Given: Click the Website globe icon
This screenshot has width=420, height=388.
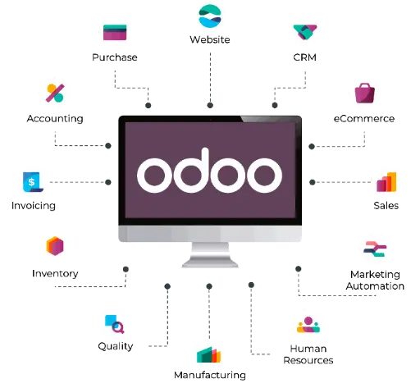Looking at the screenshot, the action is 210,16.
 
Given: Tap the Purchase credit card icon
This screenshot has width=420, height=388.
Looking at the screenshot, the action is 115,32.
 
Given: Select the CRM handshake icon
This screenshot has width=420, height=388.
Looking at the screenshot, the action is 305,32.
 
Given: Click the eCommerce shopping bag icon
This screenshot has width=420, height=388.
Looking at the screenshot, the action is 364,94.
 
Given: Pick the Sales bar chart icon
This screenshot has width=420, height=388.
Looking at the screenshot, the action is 386,182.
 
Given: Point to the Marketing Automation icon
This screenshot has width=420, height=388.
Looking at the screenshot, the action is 375,249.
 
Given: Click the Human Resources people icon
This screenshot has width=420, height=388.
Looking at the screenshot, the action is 308,325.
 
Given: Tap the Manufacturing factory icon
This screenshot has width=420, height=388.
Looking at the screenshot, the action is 208,354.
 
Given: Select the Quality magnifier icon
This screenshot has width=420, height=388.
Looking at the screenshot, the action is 115,324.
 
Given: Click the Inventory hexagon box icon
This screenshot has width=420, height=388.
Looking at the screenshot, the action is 55,246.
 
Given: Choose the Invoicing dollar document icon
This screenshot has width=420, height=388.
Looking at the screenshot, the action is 33,182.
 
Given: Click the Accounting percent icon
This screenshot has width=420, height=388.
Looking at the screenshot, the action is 55,94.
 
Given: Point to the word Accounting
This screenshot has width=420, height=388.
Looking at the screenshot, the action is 55,119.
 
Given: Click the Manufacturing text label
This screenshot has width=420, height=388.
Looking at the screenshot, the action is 210,375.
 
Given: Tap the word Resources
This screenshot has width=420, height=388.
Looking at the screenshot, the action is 308,360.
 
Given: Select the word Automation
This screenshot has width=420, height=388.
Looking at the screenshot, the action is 375,286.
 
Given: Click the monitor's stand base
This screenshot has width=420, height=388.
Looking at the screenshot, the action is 210,263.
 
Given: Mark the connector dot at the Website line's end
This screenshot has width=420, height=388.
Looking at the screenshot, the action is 210,105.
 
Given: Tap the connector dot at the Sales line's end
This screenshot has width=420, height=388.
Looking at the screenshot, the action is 313,182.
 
